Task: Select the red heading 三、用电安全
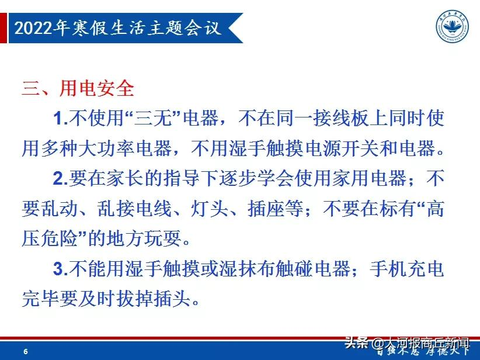click(x=78, y=88)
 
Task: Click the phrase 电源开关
click(x=342, y=148)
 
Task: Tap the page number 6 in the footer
click(x=25, y=351)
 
